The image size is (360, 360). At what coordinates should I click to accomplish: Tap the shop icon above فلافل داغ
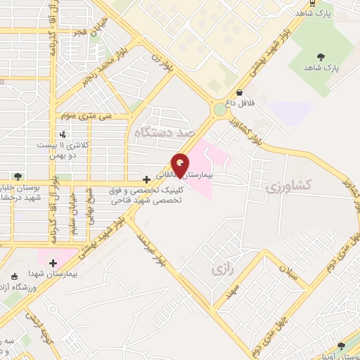(240, 92)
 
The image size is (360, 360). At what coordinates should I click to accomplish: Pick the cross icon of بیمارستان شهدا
(53, 262)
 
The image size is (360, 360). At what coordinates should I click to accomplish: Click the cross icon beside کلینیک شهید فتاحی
(146, 180)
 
